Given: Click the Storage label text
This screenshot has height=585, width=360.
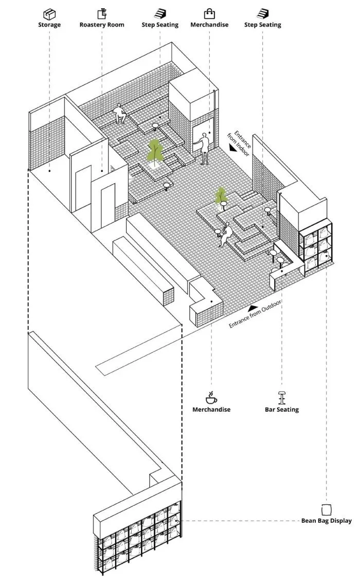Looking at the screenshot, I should pyautogui.click(x=49, y=24).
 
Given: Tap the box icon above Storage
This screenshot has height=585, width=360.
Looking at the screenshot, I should pyautogui.click(x=49, y=13).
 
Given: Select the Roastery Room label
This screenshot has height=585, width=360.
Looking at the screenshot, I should pyautogui.click(x=102, y=24).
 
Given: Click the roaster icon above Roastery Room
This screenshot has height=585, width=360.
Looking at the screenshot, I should pyautogui.click(x=102, y=13).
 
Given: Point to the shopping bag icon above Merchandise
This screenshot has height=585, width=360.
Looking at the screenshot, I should pyautogui.click(x=209, y=13).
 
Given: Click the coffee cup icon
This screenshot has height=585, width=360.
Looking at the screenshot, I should pyautogui.click(x=211, y=397).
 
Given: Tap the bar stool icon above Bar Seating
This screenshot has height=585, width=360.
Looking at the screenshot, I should pyautogui.click(x=281, y=397).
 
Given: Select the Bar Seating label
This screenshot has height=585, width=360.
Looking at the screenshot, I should pyautogui.click(x=281, y=410).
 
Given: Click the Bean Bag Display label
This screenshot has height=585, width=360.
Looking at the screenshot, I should pyautogui.click(x=327, y=521).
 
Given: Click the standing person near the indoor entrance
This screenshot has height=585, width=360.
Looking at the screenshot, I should pyautogui.click(x=204, y=148).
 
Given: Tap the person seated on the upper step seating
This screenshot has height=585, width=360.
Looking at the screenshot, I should pyautogui.click(x=120, y=113).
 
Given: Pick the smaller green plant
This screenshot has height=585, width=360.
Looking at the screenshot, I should pyautogui.click(x=221, y=196).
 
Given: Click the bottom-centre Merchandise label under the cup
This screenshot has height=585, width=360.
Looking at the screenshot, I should pyautogui.click(x=211, y=410).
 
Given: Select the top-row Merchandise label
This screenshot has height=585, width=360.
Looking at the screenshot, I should pyautogui.click(x=209, y=24).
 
